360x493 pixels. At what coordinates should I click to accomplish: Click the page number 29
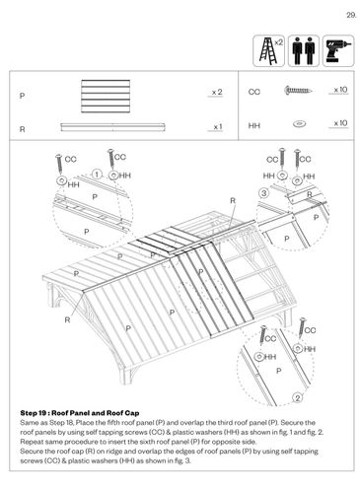tap(351, 15)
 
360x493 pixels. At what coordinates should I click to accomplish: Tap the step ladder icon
tap(268, 51)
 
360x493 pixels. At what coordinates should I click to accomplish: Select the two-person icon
tap(304, 51)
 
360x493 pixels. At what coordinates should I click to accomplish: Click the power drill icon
tap(338, 51)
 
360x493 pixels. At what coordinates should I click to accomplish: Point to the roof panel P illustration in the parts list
tap(106, 97)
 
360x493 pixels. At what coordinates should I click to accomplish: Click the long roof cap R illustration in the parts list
tap(112, 127)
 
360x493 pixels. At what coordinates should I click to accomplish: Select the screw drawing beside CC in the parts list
tap(298, 90)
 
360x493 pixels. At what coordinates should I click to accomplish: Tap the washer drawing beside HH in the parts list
tap(299, 124)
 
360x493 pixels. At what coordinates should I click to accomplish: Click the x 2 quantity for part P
tap(217, 93)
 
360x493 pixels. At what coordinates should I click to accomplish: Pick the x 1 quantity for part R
tap(217, 127)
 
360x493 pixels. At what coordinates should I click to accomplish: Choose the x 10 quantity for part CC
tap(340, 90)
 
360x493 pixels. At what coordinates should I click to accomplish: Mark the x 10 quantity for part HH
tap(340, 123)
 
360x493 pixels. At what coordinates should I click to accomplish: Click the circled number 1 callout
tap(97, 174)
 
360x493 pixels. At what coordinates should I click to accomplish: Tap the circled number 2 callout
tap(297, 398)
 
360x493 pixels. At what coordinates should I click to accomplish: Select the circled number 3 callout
tap(264, 193)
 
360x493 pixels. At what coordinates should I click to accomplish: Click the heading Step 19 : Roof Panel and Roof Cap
tap(80, 413)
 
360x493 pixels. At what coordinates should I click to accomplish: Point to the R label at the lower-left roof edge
tap(67, 320)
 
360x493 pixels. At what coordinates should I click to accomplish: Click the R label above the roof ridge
tap(233, 200)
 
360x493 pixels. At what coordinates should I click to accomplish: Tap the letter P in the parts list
tap(22, 96)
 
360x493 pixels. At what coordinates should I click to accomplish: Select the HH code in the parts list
tap(254, 125)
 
